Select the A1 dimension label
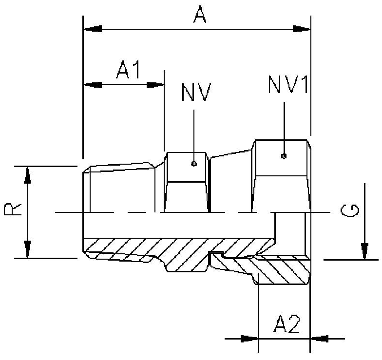[128, 71]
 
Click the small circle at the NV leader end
[194, 164]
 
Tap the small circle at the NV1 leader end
[284, 156]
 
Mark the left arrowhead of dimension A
[93, 29]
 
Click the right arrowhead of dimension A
[302, 29]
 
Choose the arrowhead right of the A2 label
[319, 338]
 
